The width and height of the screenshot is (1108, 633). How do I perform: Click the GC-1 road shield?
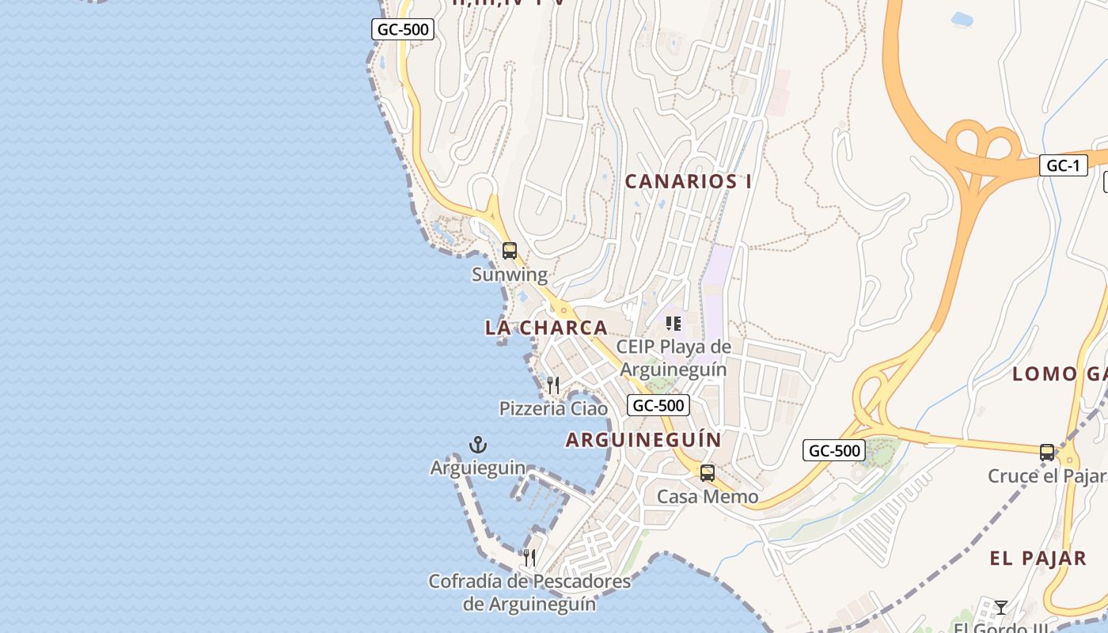point(1063,165)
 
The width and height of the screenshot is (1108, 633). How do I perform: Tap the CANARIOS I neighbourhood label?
point(689,181)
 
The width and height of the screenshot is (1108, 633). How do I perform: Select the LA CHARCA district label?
point(546,328)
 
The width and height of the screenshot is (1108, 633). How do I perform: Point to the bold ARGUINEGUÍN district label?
point(643,440)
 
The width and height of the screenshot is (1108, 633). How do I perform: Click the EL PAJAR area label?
point(1038,558)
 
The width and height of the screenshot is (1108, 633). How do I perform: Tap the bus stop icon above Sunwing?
point(510,251)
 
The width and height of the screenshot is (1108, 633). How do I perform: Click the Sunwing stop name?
point(510,275)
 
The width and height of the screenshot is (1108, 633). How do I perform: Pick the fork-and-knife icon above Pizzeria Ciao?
point(553,385)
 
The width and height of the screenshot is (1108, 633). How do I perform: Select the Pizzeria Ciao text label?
point(553,408)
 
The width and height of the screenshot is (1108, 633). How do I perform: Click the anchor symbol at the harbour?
point(478,445)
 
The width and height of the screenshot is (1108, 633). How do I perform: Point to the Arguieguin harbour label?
point(478,468)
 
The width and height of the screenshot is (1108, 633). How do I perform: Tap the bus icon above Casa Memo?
point(708,473)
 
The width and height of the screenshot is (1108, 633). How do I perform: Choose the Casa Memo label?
point(708,497)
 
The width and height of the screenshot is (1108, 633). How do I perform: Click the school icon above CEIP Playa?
point(674,323)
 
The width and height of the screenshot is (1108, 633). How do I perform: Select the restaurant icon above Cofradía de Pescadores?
point(529,558)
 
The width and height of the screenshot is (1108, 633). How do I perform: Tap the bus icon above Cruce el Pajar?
point(1047,453)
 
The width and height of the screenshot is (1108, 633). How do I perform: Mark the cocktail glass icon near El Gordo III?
point(1001,607)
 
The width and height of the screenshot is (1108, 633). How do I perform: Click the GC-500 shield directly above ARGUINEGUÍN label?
point(658,405)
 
